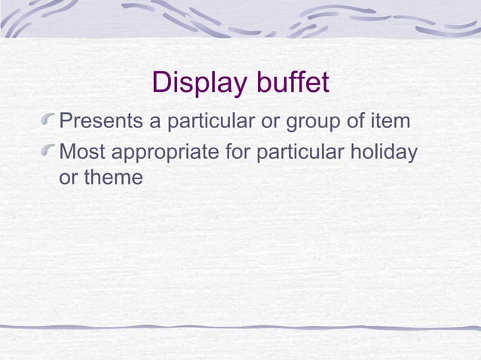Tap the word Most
[83, 153]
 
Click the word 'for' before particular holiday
[238, 153]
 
